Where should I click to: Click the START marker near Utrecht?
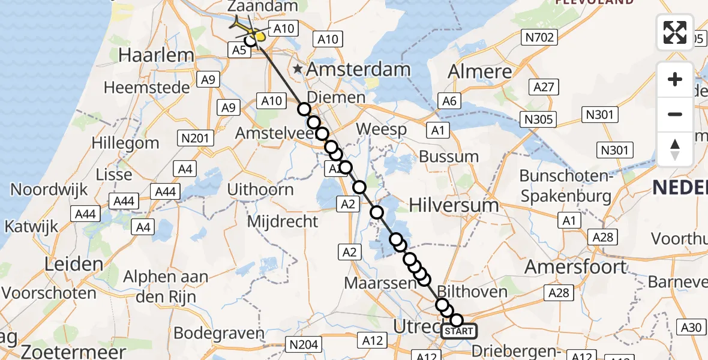pyautogui.click(x=459, y=331)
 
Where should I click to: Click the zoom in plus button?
pyautogui.click(x=675, y=79)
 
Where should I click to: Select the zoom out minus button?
pyautogui.click(x=675, y=114)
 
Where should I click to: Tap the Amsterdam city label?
pyautogui.click(x=359, y=69)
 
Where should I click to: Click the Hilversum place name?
pyautogui.click(x=454, y=205)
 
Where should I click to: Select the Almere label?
pyautogui.click(x=481, y=71)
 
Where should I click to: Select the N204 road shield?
pyautogui.click(x=304, y=344)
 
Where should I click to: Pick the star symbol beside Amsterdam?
pyautogui.click(x=298, y=69)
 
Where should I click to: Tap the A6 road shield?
pyautogui.click(x=449, y=101)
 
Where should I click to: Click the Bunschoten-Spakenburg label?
pyautogui.click(x=565, y=185)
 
